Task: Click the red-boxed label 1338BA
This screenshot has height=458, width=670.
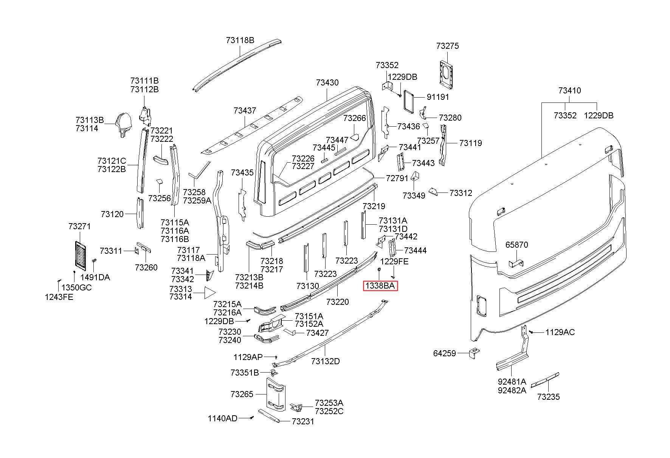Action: (381, 286)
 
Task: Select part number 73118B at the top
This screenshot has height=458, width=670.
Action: (240, 40)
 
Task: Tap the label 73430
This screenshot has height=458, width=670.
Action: (327, 82)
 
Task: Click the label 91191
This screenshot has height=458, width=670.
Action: (438, 97)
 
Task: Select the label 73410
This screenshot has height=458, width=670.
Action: (569, 90)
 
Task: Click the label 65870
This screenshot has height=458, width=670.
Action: (516, 245)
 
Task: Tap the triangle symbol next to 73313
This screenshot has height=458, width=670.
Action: (209, 293)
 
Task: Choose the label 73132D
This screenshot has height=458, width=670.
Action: (326, 361)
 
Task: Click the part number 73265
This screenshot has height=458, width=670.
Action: (242, 394)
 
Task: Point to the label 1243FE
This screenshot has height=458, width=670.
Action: (59, 297)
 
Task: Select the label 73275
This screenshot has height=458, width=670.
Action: (447, 46)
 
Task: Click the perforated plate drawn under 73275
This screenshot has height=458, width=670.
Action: (448, 74)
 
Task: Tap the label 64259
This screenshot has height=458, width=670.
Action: (445, 354)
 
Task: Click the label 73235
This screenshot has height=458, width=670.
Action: (549, 397)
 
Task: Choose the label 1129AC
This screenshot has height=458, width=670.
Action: (560, 332)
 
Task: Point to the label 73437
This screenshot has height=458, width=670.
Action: (245, 110)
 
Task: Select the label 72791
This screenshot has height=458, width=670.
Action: (397, 178)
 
